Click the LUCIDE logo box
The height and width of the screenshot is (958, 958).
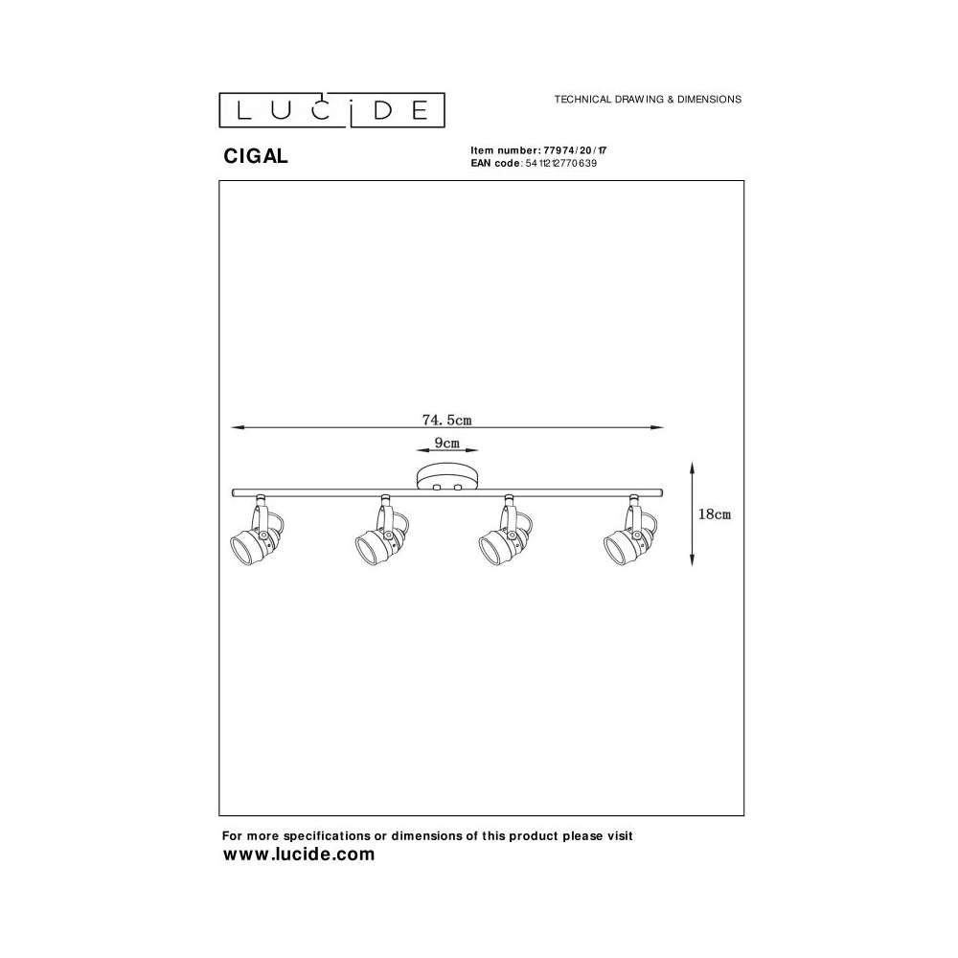click(331, 110)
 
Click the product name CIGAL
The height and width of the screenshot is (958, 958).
click(256, 156)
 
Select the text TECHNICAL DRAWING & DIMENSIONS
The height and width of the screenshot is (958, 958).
click(648, 99)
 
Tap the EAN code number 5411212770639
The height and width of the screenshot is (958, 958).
click(560, 163)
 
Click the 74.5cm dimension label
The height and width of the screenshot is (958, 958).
click(446, 420)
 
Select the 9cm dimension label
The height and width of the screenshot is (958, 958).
click(446, 443)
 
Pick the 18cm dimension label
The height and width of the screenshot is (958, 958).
click(715, 513)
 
